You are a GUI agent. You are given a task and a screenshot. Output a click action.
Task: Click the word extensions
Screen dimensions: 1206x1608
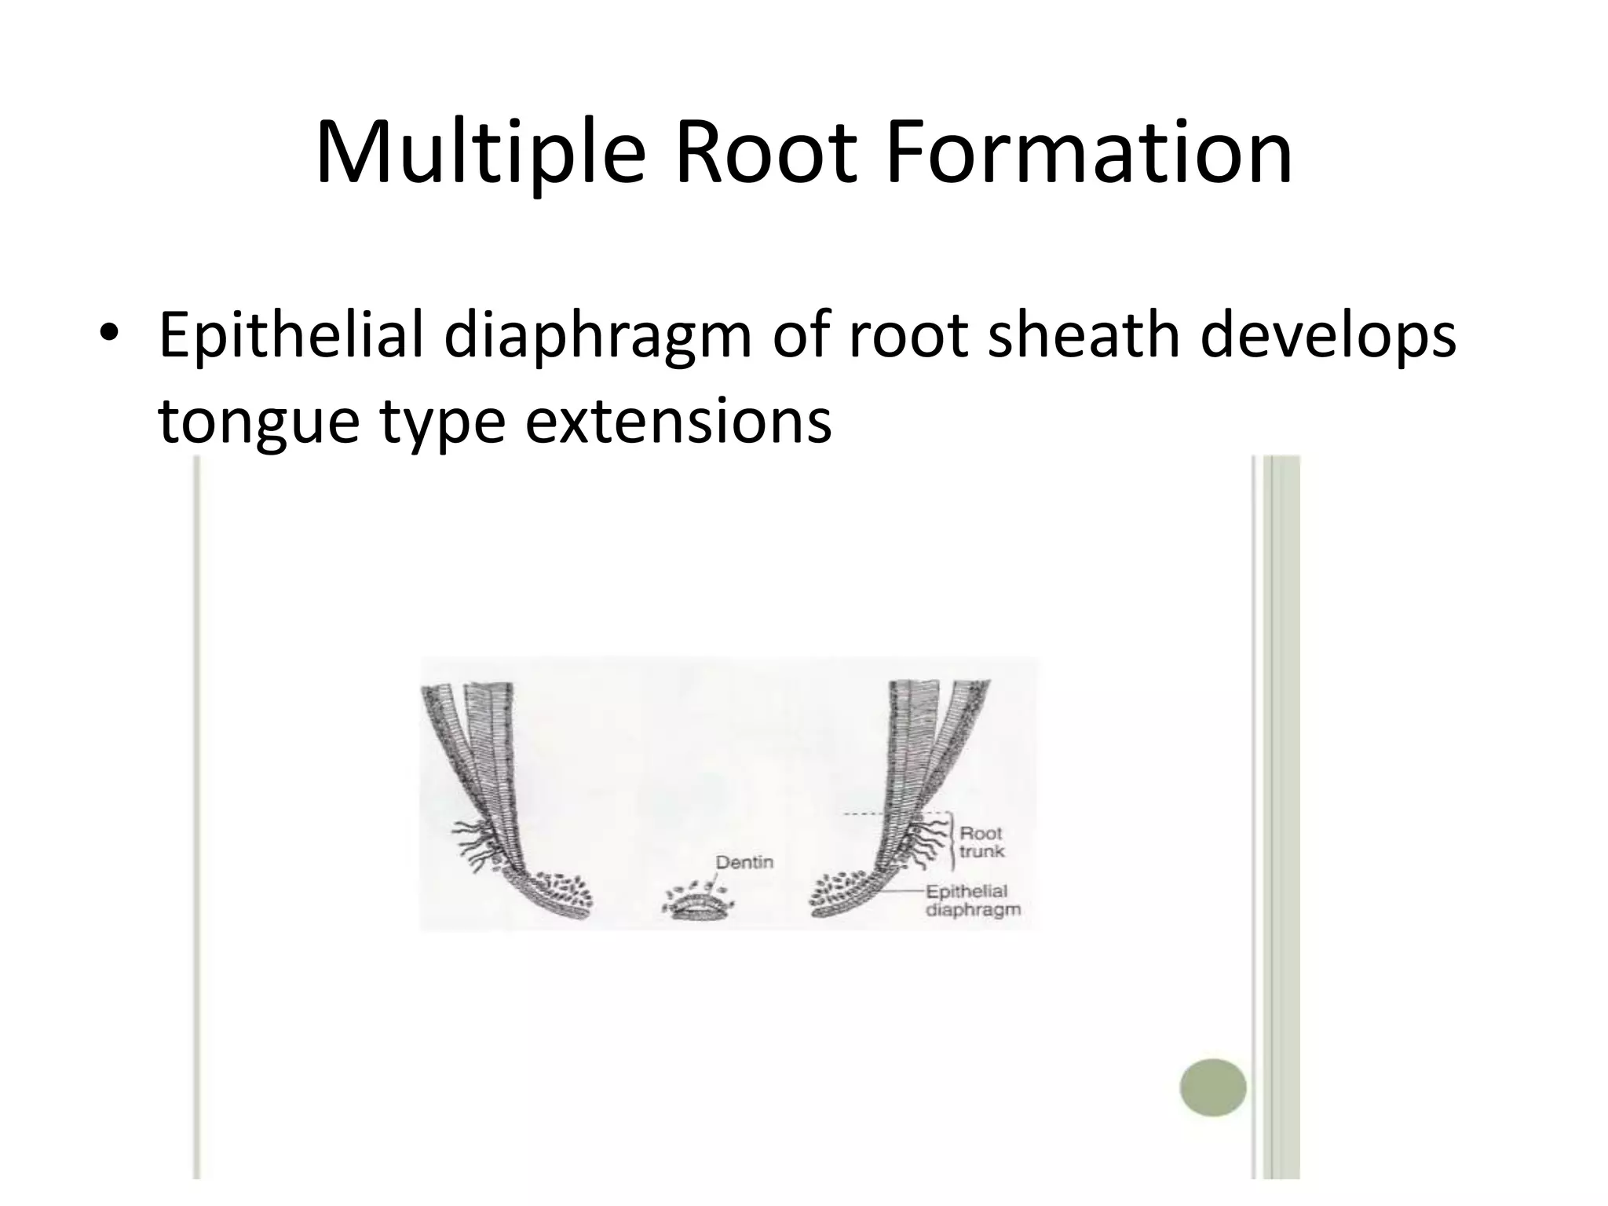(678, 420)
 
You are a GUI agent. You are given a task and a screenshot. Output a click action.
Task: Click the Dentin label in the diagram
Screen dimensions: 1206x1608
(744, 861)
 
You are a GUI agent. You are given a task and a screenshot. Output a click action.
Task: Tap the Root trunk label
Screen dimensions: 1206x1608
(981, 842)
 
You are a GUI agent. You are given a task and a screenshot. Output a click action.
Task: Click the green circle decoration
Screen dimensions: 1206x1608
(1212, 1087)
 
